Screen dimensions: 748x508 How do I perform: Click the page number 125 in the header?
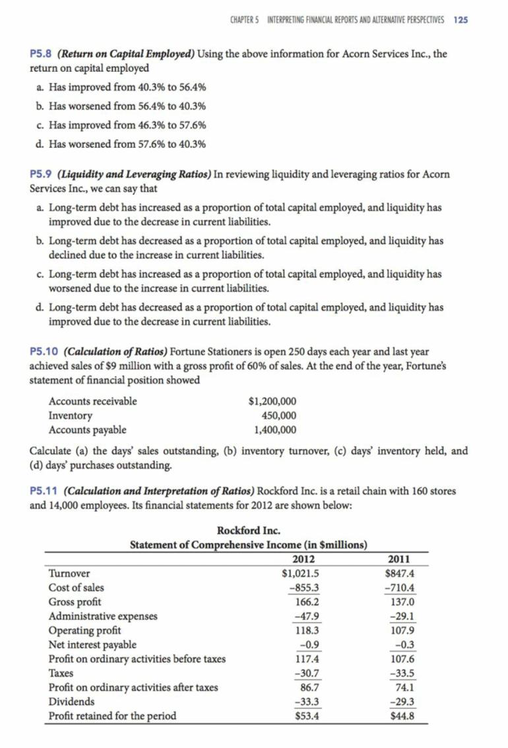click(x=461, y=20)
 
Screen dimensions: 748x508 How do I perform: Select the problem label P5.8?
click(x=42, y=54)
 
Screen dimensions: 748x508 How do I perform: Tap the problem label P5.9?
click(x=42, y=174)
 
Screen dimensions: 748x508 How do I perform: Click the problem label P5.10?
click(x=45, y=352)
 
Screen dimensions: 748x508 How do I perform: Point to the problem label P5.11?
click(x=45, y=491)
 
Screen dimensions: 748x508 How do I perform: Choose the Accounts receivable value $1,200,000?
click(x=272, y=401)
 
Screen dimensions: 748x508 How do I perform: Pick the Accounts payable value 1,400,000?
click(x=275, y=430)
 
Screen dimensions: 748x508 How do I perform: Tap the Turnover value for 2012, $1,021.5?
click(x=300, y=573)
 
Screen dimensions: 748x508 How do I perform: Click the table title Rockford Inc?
click(x=248, y=530)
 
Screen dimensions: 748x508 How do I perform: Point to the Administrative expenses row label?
click(x=103, y=616)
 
